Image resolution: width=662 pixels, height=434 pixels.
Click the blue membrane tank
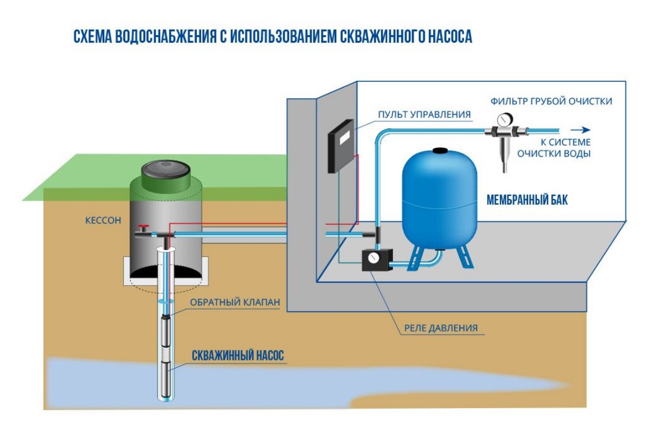point(439,198)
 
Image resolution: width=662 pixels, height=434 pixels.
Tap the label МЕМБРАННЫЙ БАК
point(527,200)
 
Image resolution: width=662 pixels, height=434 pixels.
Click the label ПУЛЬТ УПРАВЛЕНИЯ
point(424,114)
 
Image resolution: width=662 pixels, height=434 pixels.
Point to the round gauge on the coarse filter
point(502,120)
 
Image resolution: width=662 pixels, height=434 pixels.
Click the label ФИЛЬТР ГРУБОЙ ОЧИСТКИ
point(551,101)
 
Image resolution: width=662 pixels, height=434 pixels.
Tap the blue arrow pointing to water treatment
point(581,130)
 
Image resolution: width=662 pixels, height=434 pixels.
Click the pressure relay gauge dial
point(373,258)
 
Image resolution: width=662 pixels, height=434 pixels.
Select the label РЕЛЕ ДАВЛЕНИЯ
point(441,328)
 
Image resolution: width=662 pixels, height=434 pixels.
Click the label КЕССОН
point(103,220)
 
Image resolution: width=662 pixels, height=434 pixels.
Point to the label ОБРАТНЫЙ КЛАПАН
point(235,302)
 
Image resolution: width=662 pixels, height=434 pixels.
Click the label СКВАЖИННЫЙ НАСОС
point(238,355)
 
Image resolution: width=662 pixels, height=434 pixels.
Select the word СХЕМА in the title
point(92,37)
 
